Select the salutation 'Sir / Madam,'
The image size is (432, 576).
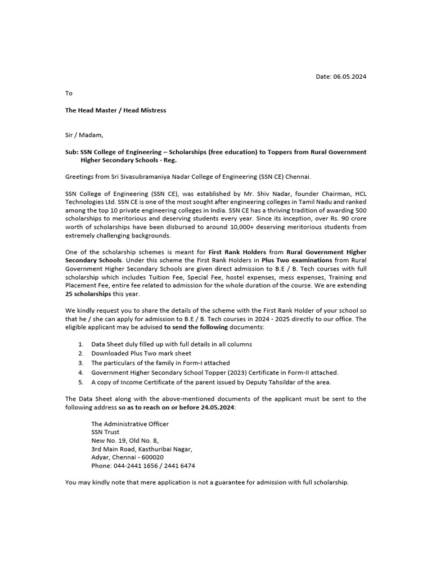pos(84,135)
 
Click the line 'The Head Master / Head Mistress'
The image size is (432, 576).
pos(115,110)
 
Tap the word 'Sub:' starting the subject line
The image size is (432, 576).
pos(71,152)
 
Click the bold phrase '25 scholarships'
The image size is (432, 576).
pos(88,294)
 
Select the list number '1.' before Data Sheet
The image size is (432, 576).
pos(81,344)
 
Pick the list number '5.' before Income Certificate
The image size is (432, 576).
pos(81,382)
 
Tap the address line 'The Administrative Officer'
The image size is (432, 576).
pos(129,424)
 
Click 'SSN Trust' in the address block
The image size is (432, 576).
pos(105,432)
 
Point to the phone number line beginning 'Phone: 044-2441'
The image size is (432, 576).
pos(143,466)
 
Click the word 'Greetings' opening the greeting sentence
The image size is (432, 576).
pos(79,177)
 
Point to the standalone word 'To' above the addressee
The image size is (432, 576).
pos(69,93)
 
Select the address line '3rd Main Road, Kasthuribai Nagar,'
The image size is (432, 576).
pos(142,449)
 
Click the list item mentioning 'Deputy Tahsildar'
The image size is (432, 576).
pos(211,382)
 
